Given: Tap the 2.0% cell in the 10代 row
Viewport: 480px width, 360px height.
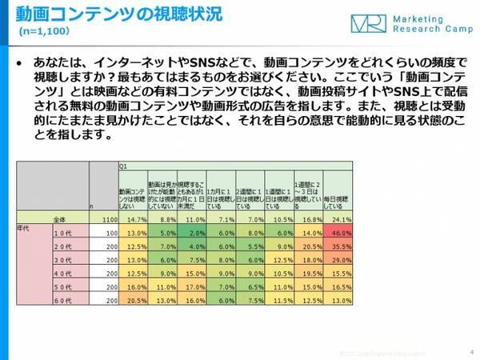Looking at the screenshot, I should tap(194, 231).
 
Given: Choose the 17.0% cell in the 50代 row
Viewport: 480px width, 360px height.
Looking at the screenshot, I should tap(194, 285).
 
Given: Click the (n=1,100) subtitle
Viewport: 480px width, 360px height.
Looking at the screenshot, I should tap(48, 33).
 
